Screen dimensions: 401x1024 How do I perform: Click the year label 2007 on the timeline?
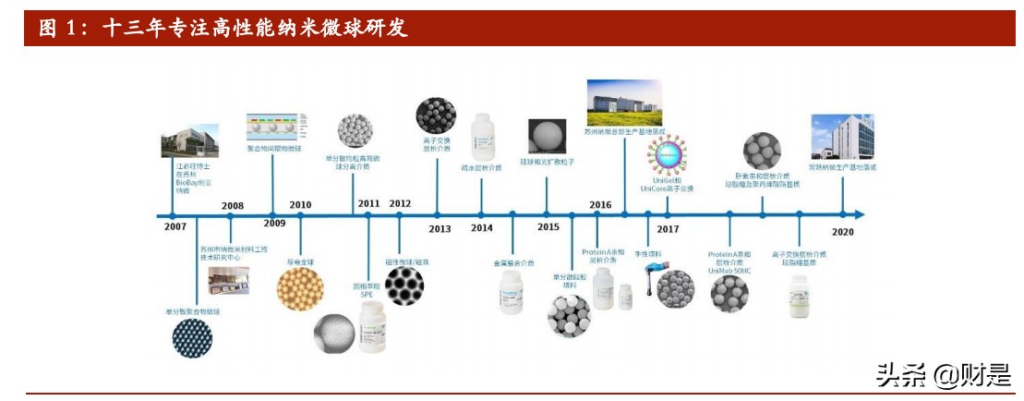(x=175, y=225)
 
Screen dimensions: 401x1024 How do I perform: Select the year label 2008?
(x=233, y=205)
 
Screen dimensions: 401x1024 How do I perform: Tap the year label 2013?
(x=440, y=228)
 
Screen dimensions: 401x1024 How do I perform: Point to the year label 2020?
(x=842, y=232)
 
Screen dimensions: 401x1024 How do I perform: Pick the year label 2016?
(x=600, y=205)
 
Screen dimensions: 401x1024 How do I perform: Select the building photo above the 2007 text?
(x=190, y=143)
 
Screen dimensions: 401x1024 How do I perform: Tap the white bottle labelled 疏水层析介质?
(x=482, y=137)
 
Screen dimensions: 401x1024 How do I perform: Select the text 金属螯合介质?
(x=513, y=263)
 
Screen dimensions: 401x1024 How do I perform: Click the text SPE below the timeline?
(x=367, y=295)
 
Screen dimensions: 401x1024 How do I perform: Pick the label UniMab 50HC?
(x=729, y=269)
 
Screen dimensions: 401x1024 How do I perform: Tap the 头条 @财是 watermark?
(x=942, y=375)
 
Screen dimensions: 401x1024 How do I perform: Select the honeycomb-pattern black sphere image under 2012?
(x=404, y=287)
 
